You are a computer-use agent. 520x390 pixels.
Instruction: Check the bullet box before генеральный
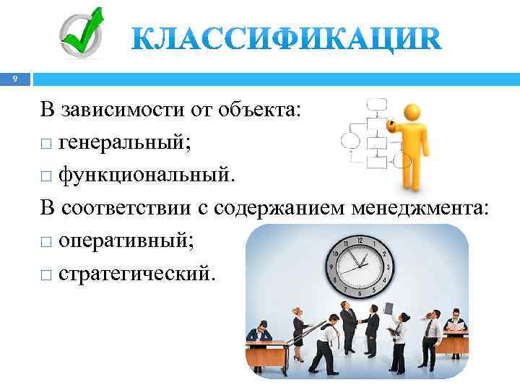(x=46, y=144)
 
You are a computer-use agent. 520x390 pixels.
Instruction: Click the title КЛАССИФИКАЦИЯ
(x=286, y=38)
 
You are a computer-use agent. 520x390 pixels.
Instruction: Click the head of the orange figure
(x=412, y=113)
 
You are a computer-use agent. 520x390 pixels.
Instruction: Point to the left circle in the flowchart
(x=350, y=140)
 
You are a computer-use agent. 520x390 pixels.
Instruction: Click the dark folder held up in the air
(x=389, y=307)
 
